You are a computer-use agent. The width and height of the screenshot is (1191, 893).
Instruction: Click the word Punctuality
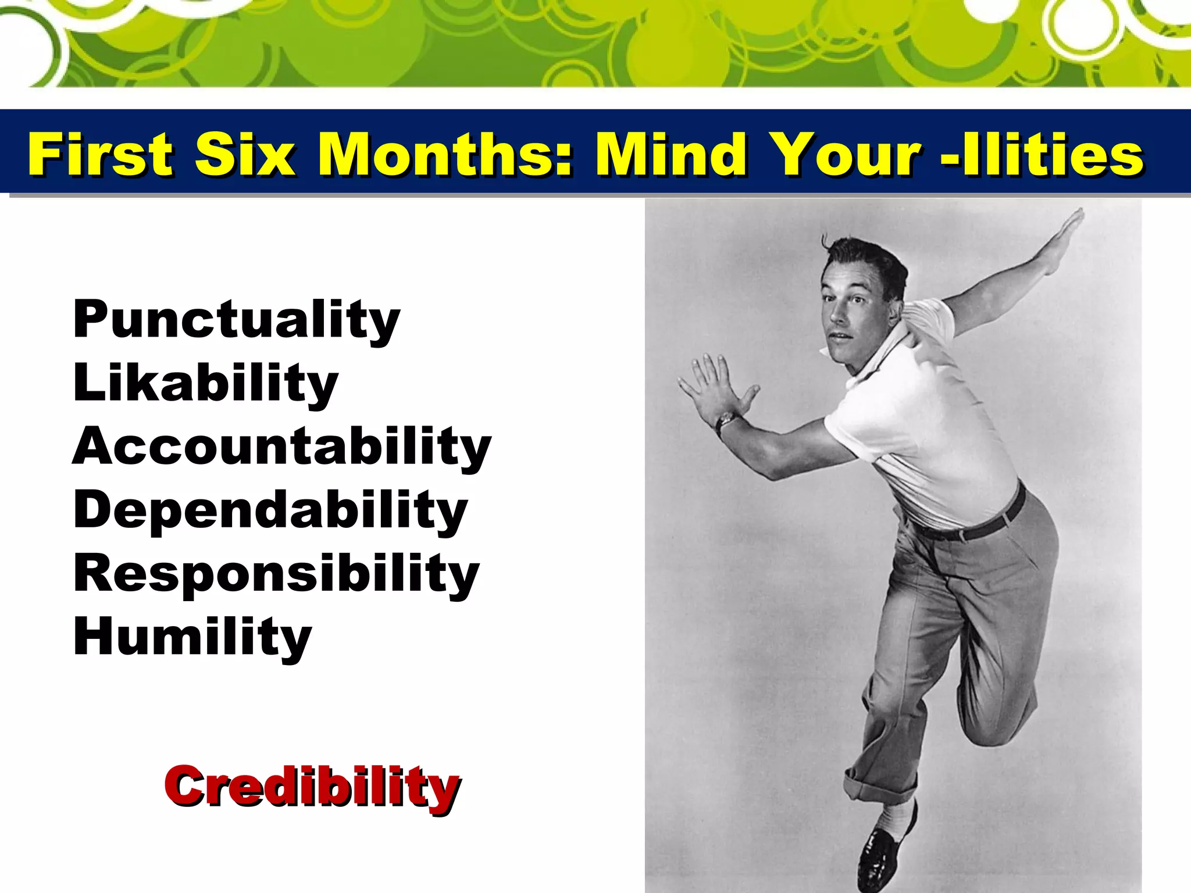pos(236,319)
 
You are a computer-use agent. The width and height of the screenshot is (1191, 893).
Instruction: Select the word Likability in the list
pos(205,383)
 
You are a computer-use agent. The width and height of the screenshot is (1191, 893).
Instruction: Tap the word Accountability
pos(281,446)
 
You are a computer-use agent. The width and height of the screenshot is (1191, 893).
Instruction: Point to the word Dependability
pos(270,509)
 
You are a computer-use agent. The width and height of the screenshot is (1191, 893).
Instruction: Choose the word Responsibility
pos(276,573)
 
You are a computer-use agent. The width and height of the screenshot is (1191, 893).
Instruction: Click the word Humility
pos(192,636)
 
